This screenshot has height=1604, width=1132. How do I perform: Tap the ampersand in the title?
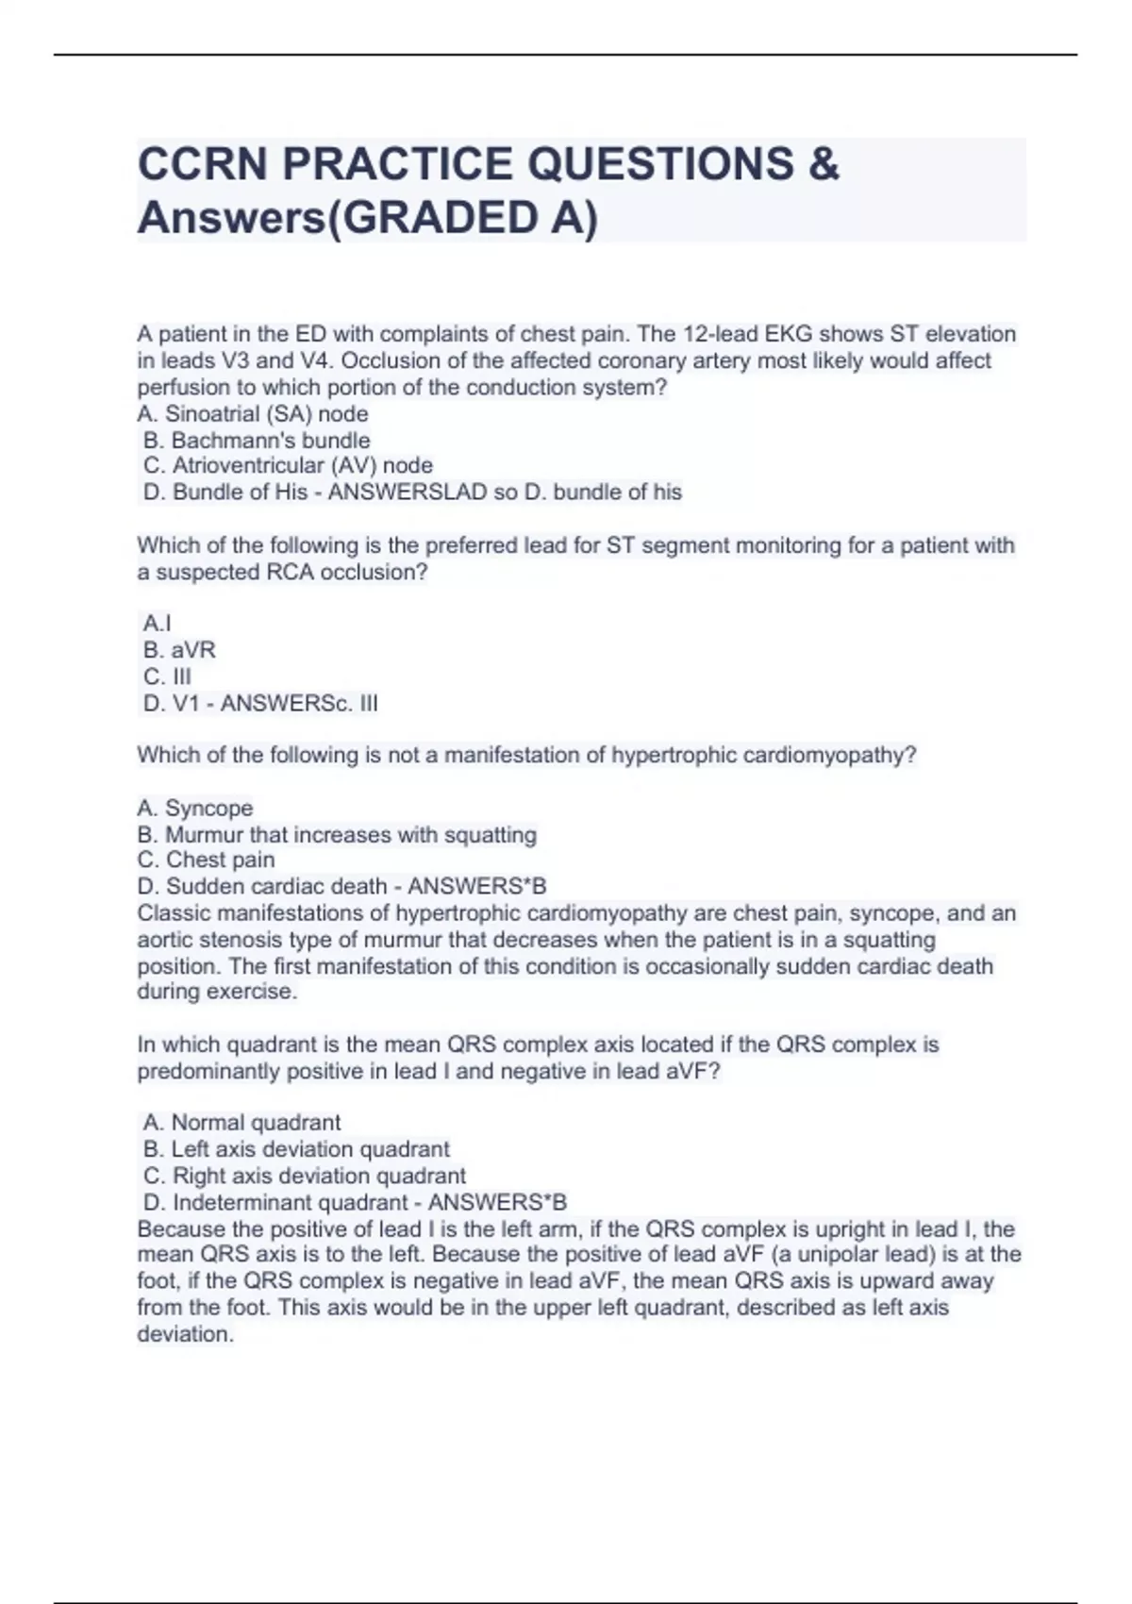point(824,164)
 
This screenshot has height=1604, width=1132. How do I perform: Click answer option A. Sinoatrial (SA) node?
point(253,414)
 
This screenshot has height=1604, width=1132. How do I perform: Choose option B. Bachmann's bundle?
point(257,441)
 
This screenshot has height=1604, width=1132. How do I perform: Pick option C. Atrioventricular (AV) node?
point(288,466)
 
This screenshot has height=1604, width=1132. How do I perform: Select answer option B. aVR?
point(179,650)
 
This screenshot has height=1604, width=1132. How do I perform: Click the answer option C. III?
point(167,677)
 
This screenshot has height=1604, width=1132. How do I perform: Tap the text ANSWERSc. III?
point(299,703)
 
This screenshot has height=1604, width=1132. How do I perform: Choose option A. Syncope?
point(195,809)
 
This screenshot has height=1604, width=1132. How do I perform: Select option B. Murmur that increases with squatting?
point(337,835)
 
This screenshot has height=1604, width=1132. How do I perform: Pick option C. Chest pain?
point(207,860)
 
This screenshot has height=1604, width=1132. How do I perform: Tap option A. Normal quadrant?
point(241,1123)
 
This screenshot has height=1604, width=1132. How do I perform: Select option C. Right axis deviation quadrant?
point(305,1176)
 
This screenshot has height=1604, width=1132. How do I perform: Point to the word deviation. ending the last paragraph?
point(185,1335)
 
